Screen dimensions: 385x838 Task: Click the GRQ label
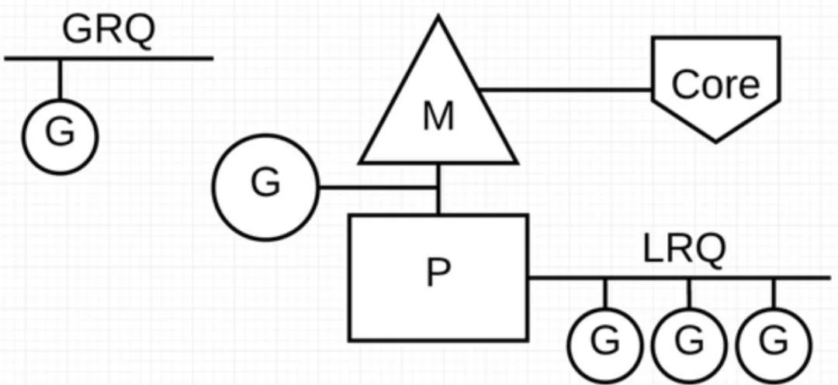pos(109,29)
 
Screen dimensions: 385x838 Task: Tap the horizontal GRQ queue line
pos(155,58)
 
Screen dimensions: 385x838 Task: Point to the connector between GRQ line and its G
pos(60,77)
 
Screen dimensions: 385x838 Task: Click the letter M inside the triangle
pos(438,118)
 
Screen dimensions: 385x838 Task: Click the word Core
pos(715,84)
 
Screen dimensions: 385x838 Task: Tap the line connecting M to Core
pos(566,89)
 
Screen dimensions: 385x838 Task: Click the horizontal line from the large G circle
pos(376,187)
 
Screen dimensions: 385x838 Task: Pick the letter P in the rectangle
pos(439,272)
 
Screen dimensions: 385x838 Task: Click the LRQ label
pos(684,249)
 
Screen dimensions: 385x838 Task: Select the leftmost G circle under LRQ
pos(606,342)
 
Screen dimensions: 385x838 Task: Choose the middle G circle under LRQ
pos(690,342)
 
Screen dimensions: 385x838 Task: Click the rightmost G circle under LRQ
pos(774,342)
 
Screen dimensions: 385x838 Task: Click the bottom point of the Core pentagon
pos(715,140)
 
